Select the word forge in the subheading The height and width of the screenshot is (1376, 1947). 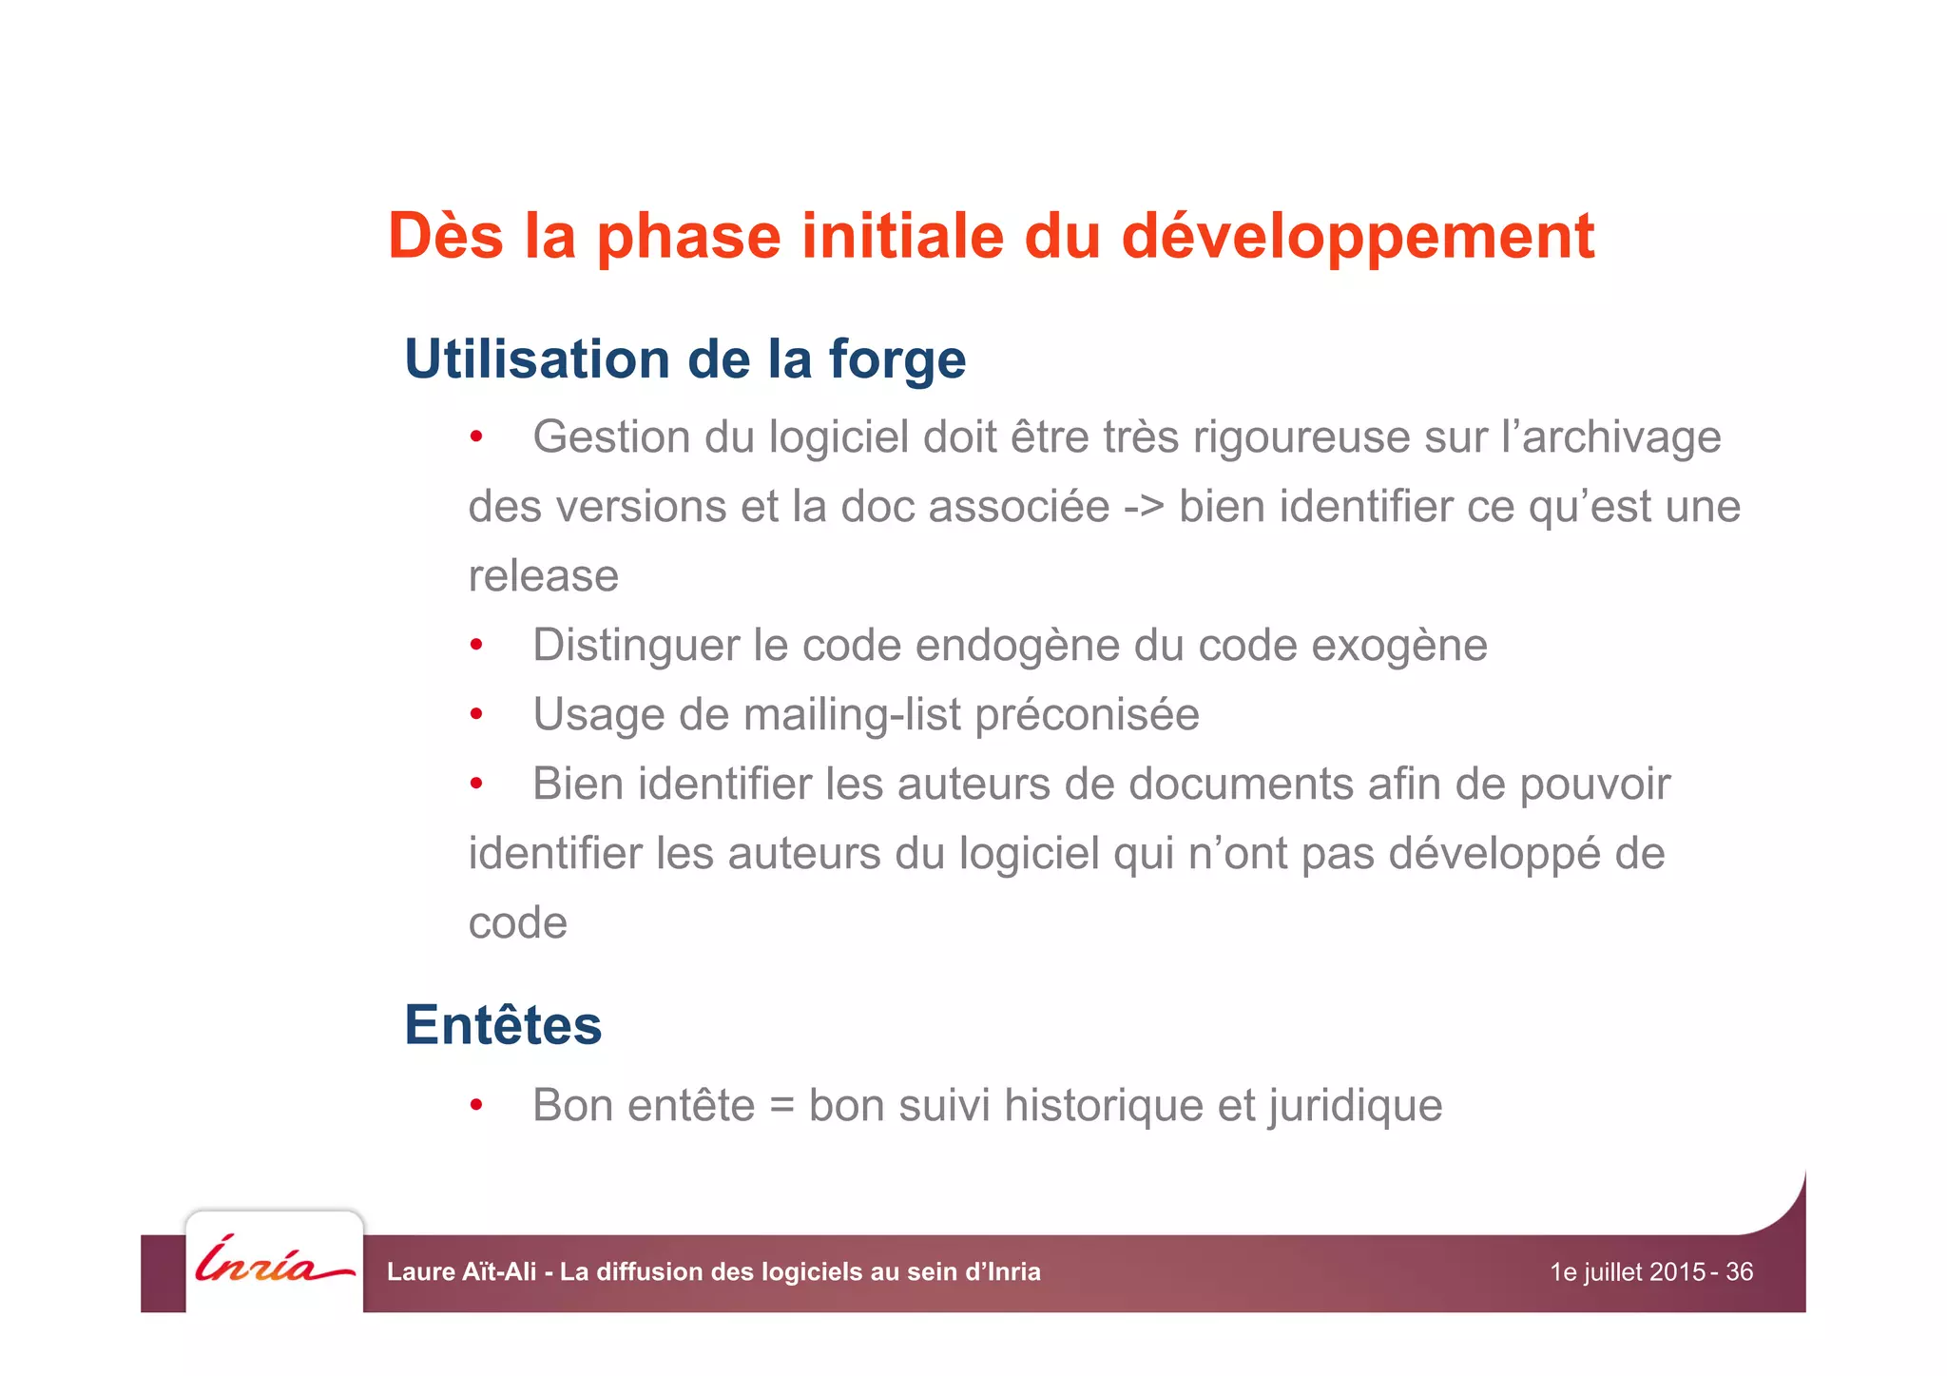click(x=896, y=360)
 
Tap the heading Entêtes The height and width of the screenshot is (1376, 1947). click(x=503, y=1025)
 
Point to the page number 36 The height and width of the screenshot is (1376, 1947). click(x=1739, y=1271)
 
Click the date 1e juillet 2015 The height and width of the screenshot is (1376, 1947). click(x=1628, y=1271)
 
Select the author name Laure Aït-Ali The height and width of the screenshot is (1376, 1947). click(x=461, y=1271)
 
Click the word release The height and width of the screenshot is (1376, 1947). click(x=543, y=576)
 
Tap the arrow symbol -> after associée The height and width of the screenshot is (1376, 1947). click(x=1144, y=507)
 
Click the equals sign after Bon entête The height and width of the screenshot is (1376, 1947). click(x=781, y=1106)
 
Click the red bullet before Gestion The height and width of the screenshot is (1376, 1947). click(x=476, y=438)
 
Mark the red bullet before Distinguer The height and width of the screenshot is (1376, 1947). click(x=476, y=647)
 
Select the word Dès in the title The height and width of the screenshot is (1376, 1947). click(x=445, y=237)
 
